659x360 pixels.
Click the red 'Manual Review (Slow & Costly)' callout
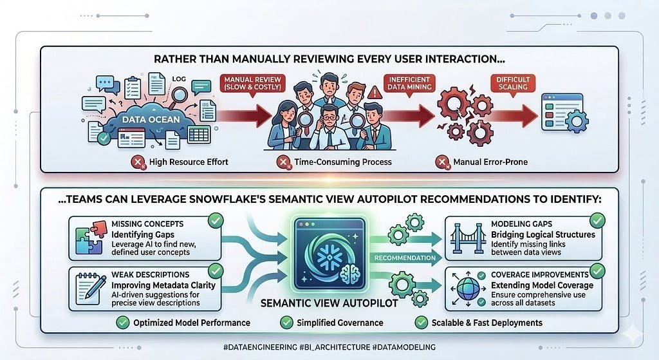tap(252, 84)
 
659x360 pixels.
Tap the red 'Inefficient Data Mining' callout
tap(409, 83)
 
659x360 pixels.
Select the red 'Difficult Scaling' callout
tap(513, 83)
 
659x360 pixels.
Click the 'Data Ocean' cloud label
tap(151, 119)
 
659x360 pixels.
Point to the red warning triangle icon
tap(374, 92)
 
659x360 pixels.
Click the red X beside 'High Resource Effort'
tap(138, 162)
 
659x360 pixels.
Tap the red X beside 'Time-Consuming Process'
tap(284, 162)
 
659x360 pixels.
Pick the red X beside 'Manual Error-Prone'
tap(442, 162)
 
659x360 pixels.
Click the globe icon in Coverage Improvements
tap(468, 289)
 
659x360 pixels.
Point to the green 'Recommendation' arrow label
tap(405, 258)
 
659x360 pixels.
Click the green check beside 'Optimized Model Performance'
tap(123, 323)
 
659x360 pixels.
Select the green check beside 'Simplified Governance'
tap(286, 323)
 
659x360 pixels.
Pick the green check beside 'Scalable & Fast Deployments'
tap(421, 323)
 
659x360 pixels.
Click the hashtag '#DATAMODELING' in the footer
tap(404, 347)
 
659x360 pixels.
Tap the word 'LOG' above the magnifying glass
tap(179, 79)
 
